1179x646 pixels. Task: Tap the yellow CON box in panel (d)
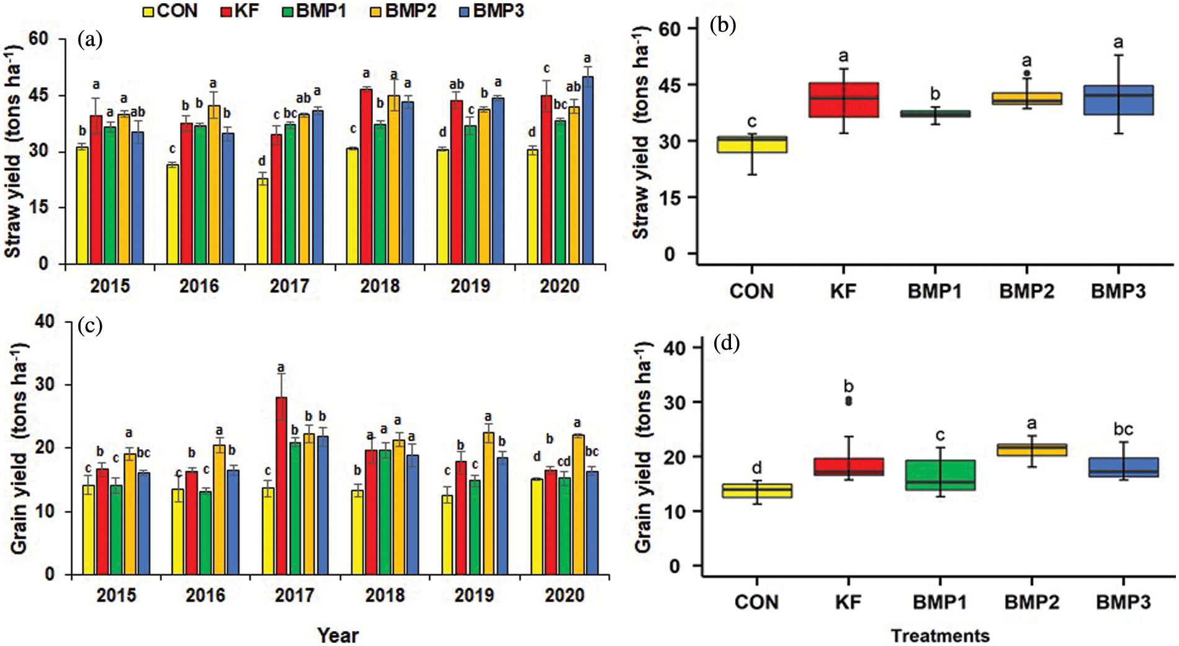(x=757, y=491)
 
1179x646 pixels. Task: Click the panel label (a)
(x=90, y=40)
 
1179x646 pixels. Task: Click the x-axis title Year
(x=338, y=635)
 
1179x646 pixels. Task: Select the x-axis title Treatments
(x=940, y=635)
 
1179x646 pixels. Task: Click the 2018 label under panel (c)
(x=384, y=595)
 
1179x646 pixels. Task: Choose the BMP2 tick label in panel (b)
(x=1026, y=291)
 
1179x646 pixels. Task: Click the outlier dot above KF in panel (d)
(x=849, y=401)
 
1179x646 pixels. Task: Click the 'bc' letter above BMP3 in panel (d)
(x=1123, y=429)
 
